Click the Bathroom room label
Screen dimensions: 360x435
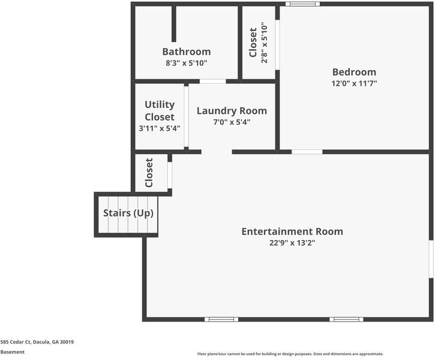[x=186, y=52]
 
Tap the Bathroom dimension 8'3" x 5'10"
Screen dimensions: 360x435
[x=186, y=62]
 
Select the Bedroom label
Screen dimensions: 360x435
[x=354, y=72]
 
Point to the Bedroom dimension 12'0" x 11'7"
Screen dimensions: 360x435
[x=354, y=83]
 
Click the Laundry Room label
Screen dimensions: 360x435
[x=232, y=110]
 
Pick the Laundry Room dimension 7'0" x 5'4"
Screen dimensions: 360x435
[x=232, y=122]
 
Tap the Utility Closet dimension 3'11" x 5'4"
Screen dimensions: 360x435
[x=159, y=128]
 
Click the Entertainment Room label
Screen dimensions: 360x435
[x=292, y=231]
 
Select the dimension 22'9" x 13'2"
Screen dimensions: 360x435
[x=292, y=243]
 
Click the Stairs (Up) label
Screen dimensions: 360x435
[x=128, y=213]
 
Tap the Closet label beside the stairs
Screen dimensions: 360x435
[x=149, y=173]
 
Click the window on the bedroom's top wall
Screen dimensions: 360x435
[x=302, y=4]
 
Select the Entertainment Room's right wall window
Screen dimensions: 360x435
[x=431, y=259]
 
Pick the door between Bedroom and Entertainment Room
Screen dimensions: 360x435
[x=307, y=152]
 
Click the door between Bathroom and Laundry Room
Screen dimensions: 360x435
[x=212, y=81]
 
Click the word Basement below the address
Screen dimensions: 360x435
[x=13, y=352]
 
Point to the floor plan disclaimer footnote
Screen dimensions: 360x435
[x=290, y=354]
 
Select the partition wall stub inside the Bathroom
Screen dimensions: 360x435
[x=175, y=24]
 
